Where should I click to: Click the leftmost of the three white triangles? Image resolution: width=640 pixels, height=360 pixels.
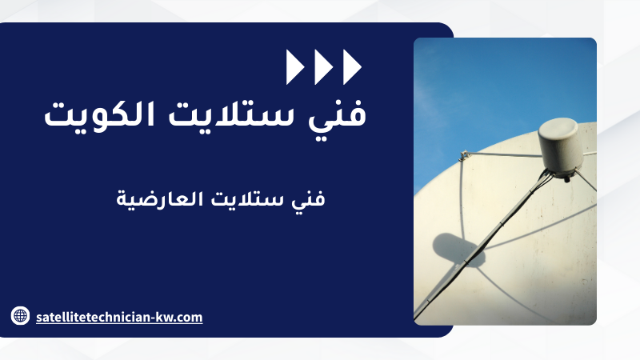[294, 67]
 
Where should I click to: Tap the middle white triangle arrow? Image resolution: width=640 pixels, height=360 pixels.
[322, 67]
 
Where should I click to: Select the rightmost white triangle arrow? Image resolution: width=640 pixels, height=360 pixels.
[351, 67]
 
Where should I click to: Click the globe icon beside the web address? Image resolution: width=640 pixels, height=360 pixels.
[20, 315]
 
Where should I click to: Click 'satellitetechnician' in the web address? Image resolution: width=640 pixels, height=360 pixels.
[94, 317]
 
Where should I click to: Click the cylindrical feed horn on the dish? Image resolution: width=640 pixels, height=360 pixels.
[559, 146]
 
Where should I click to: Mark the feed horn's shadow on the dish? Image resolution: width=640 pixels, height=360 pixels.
[457, 249]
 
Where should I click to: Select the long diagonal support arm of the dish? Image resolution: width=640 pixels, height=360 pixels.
[478, 246]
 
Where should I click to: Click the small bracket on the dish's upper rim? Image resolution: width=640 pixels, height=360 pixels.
[464, 155]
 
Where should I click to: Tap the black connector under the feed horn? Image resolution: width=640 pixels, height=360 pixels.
[566, 178]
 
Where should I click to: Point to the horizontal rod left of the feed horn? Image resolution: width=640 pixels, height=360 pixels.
[504, 154]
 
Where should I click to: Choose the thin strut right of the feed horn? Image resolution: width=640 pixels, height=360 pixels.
[586, 182]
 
